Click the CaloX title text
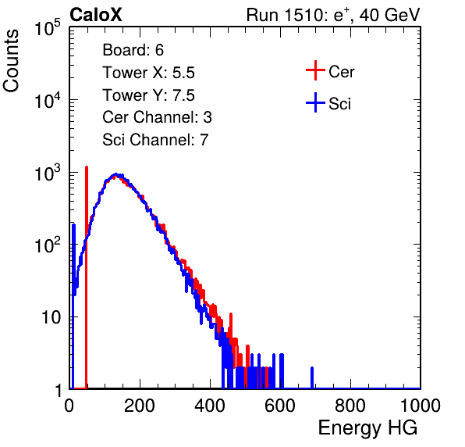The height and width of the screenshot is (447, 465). (96, 15)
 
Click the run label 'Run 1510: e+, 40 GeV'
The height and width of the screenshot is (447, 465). (333, 15)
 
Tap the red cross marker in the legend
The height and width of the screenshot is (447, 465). (315, 70)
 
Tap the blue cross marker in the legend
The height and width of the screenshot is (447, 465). (315, 103)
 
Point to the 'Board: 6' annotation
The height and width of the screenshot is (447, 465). (133, 50)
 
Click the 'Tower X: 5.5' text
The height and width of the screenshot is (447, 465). (148, 73)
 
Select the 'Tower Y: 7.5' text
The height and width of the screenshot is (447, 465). (148, 95)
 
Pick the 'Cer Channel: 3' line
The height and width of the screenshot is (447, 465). (157, 117)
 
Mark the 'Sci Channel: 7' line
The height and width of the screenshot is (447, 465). (155, 140)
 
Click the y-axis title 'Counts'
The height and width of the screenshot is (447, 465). (11, 61)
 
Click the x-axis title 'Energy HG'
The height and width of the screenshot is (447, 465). (367, 428)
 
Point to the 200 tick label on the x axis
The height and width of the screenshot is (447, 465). (140, 406)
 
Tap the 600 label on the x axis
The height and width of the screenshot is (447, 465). (280, 406)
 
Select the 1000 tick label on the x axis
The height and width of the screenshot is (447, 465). (421, 406)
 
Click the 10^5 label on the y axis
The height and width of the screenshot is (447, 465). (48, 28)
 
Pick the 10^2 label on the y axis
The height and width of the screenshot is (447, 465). (48, 245)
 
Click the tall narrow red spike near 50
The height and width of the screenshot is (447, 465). (87, 277)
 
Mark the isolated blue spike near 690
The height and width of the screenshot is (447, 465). (312, 377)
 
